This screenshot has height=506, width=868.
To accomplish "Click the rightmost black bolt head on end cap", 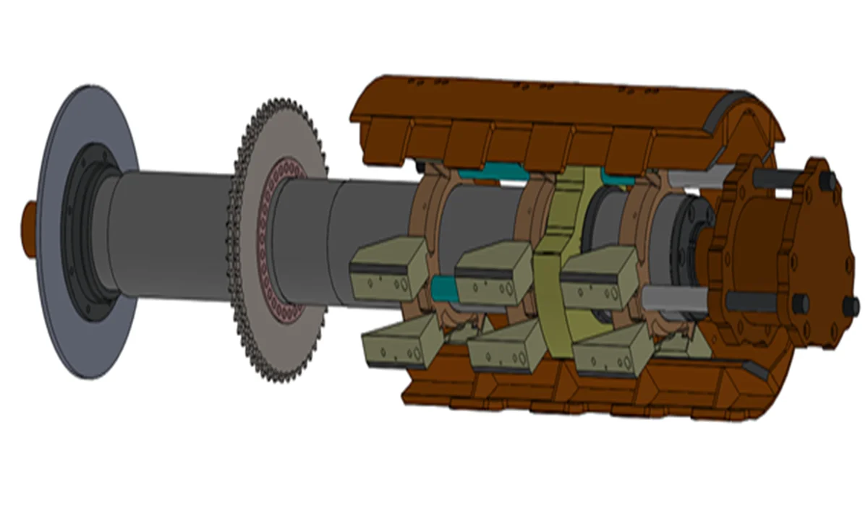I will point(851,307).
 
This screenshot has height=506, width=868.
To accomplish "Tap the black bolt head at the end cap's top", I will point(828,181).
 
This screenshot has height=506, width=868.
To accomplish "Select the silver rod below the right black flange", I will point(676,296).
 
